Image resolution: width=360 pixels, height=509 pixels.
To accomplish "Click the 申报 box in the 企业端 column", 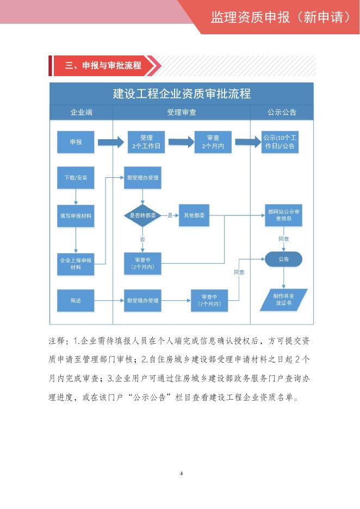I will tap(76, 142).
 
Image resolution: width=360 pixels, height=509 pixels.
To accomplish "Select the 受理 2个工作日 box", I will tap(146, 142).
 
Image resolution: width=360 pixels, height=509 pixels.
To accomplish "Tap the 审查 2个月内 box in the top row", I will tap(213, 142).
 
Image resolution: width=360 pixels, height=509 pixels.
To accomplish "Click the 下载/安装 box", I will tap(76, 177).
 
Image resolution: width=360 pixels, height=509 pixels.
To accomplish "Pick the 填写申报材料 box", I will tap(76, 216).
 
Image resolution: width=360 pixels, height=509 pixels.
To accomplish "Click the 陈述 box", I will tap(76, 300).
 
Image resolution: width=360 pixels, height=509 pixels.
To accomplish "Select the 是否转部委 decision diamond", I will tap(142, 216).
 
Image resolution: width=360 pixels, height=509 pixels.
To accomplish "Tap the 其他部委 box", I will tap(194, 216).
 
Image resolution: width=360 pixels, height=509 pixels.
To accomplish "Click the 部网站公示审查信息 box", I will tap(283, 215).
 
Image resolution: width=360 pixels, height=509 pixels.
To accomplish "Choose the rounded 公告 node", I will tap(283, 259).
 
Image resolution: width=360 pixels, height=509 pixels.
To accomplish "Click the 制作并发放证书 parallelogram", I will tap(283, 300).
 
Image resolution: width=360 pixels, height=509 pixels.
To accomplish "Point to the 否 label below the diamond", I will tap(142, 239).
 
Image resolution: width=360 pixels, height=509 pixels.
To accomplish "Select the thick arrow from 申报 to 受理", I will tap(111, 142).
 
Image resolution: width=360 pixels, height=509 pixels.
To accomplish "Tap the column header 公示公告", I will tap(282, 113).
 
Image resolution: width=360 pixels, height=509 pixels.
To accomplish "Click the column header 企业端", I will tap(81, 113).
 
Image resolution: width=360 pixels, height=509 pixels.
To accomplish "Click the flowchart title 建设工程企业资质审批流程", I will tap(182, 94).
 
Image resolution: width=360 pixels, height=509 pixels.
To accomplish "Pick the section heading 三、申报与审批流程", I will tap(103, 66).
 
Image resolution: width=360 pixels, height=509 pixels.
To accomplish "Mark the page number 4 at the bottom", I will tap(181, 473).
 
